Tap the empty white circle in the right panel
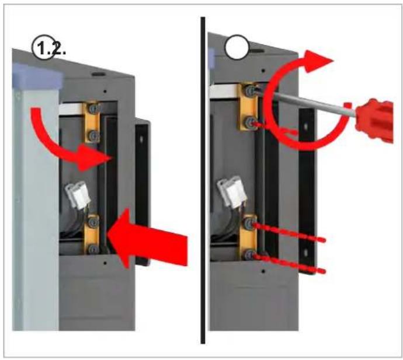point(237,47)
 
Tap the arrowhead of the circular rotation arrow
point(317,62)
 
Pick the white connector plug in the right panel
point(231,191)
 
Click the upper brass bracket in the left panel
point(92,122)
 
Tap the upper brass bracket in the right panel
point(247,107)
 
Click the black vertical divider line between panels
point(203,180)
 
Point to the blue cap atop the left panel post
point(37,76)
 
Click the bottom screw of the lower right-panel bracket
point(249,255)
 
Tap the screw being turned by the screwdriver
point(249,91)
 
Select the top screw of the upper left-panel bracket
point(93,109)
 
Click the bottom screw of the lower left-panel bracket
point(93,249)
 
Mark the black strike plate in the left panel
point(142,192)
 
